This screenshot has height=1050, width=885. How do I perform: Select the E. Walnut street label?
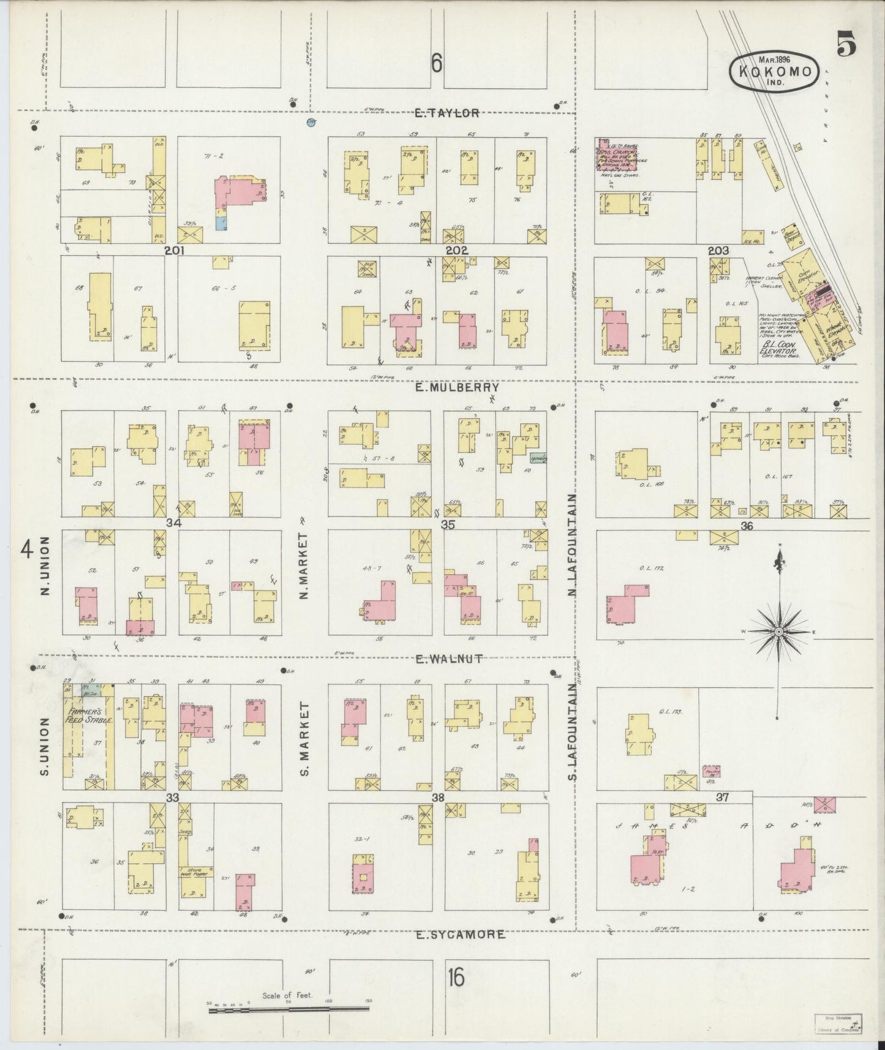pos(450,659)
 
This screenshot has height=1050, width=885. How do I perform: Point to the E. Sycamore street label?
pos(461,935)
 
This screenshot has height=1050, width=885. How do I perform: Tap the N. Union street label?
pos(44,566)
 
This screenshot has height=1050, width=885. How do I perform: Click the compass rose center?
pos(778,631)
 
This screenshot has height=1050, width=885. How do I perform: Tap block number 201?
pos(175,251)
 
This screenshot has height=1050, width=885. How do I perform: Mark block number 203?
pos(718,251)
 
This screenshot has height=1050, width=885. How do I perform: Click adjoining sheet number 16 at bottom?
pos(455,978)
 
